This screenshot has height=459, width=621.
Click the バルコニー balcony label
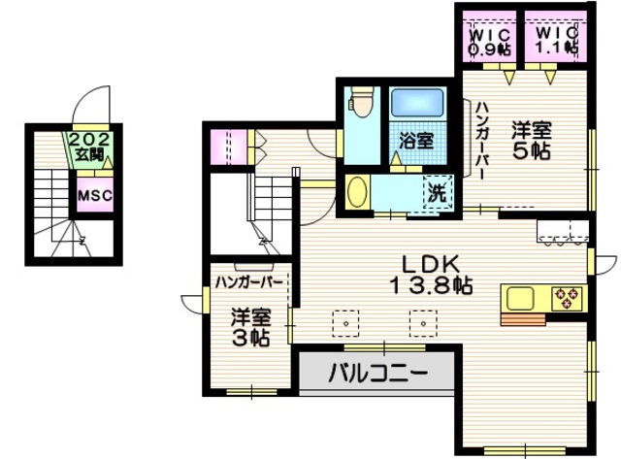click(x=376, y=373)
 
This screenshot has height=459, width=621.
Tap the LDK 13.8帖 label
click(x=431, y=274)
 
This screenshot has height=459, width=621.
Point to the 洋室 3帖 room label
click(x=250, y=327)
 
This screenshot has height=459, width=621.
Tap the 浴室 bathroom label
click(x=416, y=139)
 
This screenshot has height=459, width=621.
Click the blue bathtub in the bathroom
click(x=417, y=105)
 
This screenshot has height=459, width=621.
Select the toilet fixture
click(x=361, y=104)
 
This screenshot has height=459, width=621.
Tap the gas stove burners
click(x=565, y=296)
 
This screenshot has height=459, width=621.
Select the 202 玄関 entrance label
click(x=92, y=146)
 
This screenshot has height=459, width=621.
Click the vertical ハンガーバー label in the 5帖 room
click(x=481, y=141)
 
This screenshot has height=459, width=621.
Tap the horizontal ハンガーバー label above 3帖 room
click(x=249, y=282)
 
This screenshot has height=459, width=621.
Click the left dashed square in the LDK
click(x=343, y=318)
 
